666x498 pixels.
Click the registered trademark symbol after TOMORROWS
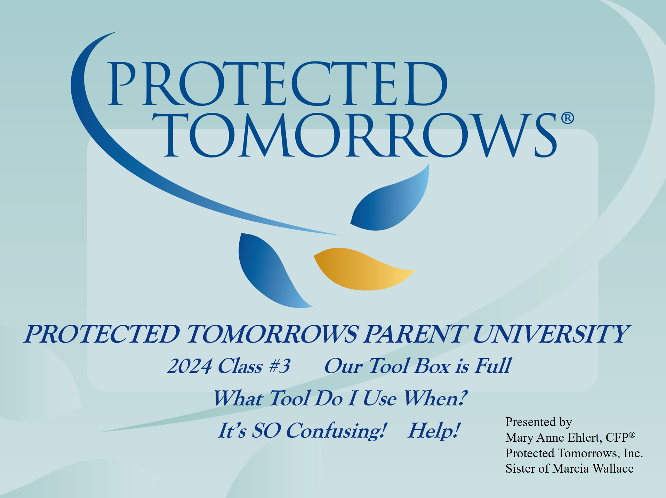tap(567, 118)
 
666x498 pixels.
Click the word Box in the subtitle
tap(433, 366)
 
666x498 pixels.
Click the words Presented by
tap(538, 422)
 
